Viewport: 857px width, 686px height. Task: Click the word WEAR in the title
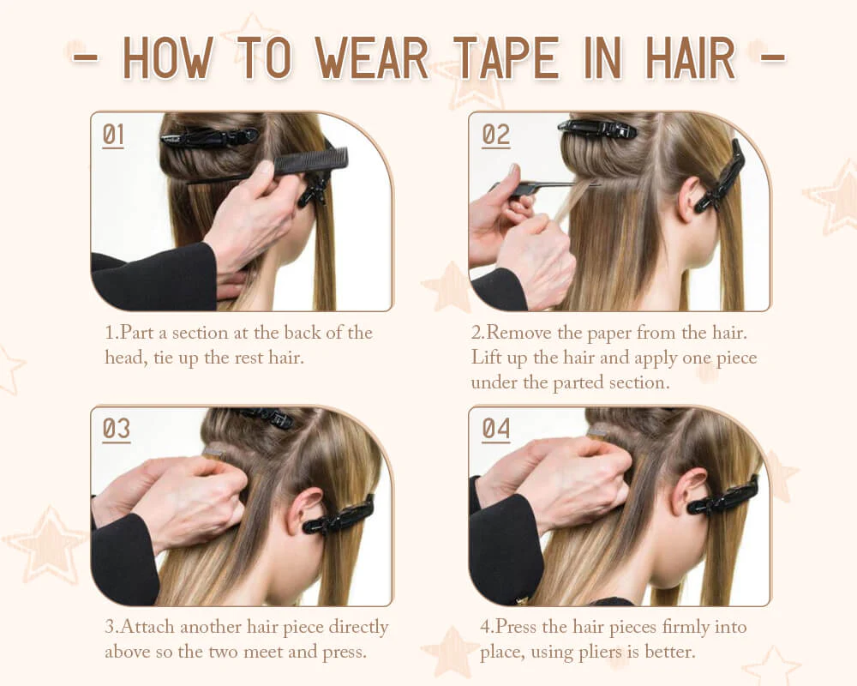372,58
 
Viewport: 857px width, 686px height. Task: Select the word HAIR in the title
690,58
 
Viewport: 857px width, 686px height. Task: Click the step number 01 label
113,135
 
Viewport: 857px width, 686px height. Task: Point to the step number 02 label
495,135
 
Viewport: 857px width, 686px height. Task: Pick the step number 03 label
116,430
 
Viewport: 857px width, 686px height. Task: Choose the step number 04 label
495,430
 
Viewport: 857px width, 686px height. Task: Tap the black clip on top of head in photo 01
209,137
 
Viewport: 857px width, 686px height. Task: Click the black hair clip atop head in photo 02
597,129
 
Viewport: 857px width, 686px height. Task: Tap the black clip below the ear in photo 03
339,516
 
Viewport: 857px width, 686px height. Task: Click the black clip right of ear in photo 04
722,496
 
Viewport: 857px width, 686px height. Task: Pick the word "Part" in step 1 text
136,333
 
